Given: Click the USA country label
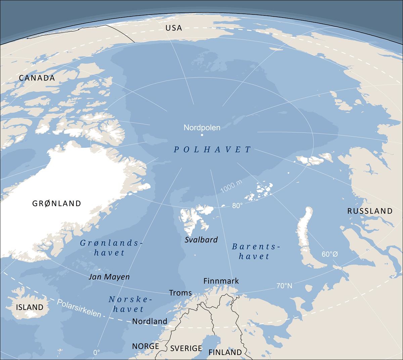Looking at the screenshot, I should [x=174, y=28].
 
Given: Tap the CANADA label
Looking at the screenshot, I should [x=37, y=78].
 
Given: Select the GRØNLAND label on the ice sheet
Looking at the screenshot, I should [x=56, y=203].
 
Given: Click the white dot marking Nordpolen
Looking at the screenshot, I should [x=202, y=135].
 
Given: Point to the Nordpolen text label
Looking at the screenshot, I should [x=202, y=128].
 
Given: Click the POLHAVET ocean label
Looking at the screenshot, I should [x=212, y=150].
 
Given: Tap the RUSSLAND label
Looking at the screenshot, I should [x=370, y=211].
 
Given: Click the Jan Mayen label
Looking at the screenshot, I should [x=109, y=277].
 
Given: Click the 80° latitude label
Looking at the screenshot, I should [x=237, y=206].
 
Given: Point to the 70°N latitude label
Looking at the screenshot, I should [x=284, y=286].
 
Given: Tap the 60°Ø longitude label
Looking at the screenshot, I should [x=330, y=254].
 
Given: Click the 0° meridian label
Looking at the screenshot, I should [x=96, y=353].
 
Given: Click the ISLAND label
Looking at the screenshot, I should [x=30, y=307].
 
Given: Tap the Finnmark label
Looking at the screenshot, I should [x=221, y=281].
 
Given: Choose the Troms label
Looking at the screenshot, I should [x=180, y=293].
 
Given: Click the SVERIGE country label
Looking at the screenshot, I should [x=186, y=348].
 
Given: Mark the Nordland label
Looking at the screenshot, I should [x=149, y=321].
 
